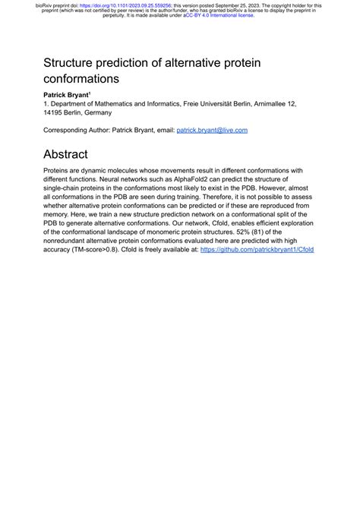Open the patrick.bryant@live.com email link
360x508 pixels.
click(212, 130)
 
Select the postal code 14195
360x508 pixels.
click(55, 112)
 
